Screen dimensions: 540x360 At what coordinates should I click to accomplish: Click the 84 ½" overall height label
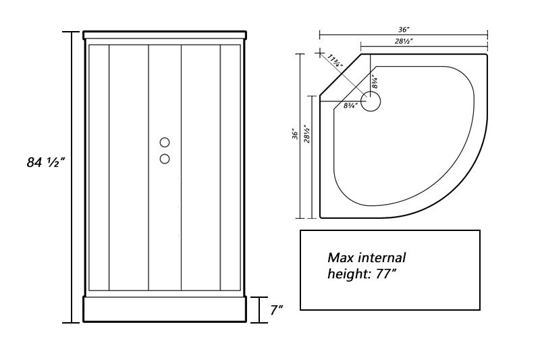(x=46, y=162)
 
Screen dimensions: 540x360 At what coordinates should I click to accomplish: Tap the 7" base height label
(x=277, y=310)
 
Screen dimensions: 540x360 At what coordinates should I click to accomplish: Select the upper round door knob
(x=165, y=143)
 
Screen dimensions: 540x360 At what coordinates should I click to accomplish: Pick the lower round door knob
(x=165, y=159)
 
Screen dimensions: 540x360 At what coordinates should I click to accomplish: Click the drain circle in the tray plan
(x=370, y=101)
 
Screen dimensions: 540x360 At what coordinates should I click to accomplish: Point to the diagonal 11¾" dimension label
(x=335, y=60)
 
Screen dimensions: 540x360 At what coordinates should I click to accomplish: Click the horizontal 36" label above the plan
(x=404, y=30)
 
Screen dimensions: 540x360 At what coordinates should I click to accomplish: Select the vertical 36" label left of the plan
(x=295, y=134)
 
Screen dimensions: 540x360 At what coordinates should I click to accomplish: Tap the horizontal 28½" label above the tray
(x=404, y=41)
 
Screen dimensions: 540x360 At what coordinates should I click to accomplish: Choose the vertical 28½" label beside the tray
(x=307, y=134)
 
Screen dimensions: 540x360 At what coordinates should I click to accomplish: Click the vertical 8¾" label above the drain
(x=375, y=81)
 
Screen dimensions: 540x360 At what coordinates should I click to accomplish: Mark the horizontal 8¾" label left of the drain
(x=350, y=105)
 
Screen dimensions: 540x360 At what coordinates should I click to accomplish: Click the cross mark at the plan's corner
(x=320, y=53)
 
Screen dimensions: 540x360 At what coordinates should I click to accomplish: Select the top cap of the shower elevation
(x=165, y=35)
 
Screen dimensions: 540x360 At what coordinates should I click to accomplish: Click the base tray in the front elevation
(x=165, y=309)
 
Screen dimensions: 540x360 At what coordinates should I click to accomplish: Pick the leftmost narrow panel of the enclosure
(x=99, y=168)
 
